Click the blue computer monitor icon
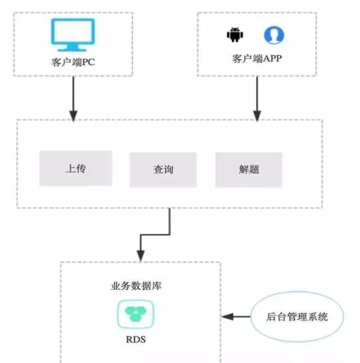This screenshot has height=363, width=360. (x=73, y=35)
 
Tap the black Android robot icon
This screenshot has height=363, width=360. (x=235, y=35)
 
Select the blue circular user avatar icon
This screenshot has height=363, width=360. (x=274, y=35)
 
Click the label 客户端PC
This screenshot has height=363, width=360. (x=73, y=62)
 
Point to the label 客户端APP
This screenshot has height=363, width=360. (x=257, y=58)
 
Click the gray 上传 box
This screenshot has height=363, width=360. (x=76, y=169)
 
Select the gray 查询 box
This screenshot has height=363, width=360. (x=163, y=170)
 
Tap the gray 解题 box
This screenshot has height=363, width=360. (x=249, y=170)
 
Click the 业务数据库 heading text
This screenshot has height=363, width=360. (x=136, y=286)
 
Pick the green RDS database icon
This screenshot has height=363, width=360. (x=136, y=314)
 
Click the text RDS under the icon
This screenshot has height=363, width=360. (x=136, y=339)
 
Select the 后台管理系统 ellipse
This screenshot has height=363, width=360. (x=297, y=316)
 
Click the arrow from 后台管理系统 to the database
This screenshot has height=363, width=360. (x=236, y=316)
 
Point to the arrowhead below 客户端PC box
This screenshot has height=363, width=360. (x=73, y=116)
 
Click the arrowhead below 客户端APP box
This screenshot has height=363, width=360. (x=257, y=116)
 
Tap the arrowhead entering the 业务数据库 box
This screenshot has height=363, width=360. (x=141, y=256)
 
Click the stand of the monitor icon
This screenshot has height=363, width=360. (x=73, y=47)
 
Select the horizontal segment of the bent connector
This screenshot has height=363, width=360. (x=155, y=235)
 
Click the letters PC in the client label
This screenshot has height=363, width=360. (x=88, y=62)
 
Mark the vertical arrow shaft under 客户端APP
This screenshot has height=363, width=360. (x=257, y=93)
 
